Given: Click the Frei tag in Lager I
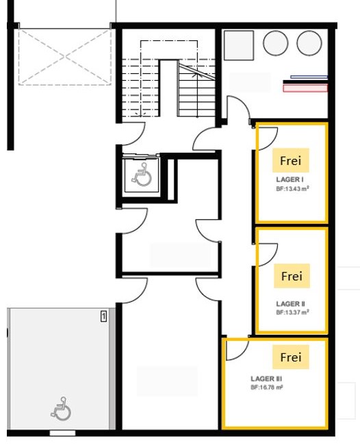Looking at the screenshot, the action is pyautogui.click(x=290, y=160).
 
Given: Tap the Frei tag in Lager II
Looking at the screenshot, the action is pyautogui.click(x=292, y=276).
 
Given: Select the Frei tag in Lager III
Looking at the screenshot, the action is pyautogui.click(x=290, y=357).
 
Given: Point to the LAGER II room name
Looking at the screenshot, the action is pyautogui.click(x=290, y=304).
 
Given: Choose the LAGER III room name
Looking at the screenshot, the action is pyautogui.click(x=266, y=379).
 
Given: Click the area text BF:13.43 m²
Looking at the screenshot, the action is pyautogui.click(x=292, y=189).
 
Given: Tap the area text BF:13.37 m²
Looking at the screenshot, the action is pyautogui.click(x=292, y=312).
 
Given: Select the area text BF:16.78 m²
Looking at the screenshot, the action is pyautogui.click(x=267, y=387).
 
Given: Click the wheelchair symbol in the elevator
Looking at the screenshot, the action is pyautogui.click(x=142, y=175).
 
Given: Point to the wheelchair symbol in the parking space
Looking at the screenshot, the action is pyautogui.click(x=61, y=409).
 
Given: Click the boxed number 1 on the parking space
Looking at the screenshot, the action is pyautogui.click(x=104, y=316).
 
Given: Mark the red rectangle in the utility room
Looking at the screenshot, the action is pyautogui.click(x=305, y=88).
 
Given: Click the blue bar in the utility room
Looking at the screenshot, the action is pyautogui.click(x=309, y=77).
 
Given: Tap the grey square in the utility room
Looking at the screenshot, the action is pyautogui.click(x=239, y=45).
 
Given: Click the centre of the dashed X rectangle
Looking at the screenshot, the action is pyautogui.click(x=65, y=57).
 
